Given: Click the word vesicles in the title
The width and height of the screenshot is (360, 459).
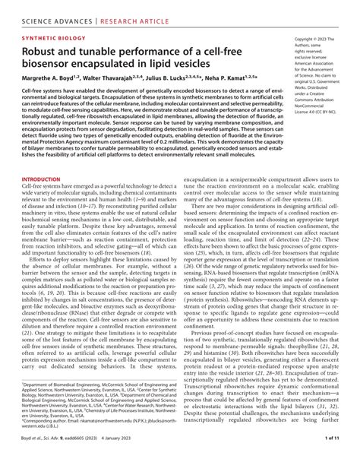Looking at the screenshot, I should click(199, 65).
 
